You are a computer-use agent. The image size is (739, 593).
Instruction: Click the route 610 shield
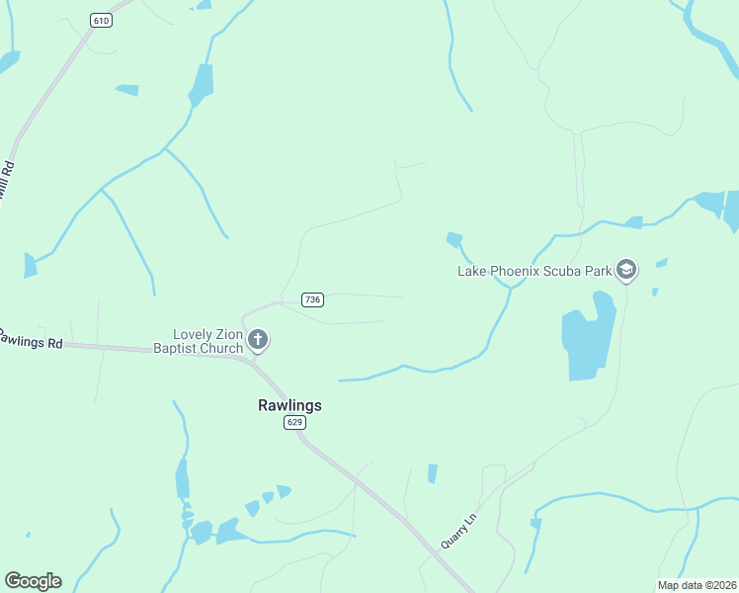pyautogui.click(x=100, y=20)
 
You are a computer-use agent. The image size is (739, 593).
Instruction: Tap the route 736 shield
pyautogui.click(x=312, y=299)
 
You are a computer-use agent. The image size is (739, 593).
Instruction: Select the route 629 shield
pyautogui.click(x=293, y=423)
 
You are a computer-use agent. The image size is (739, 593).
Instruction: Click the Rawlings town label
pyautogui.click(x=289, y=405)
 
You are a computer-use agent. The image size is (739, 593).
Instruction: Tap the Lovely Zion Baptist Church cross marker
pyautogui.click(x=258, y=341)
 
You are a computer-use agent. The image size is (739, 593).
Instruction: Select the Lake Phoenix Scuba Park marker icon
pyautogui.click(x=625, y=269)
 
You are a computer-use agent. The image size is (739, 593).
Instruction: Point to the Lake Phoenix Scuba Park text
pyautogui.click(x=534, y=270)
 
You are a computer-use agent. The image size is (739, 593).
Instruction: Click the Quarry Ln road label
pyautogui.click(x=458, y=530)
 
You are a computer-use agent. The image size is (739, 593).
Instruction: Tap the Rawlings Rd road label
pyautogui.click(x=30, y=339)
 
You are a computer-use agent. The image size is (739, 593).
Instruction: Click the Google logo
pyautogui.click(x=33, y=581)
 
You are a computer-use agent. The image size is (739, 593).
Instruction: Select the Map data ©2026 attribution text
pyautogui.click(x=697, y=585)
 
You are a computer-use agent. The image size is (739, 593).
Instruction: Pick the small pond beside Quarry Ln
pyautogui.click(x=432, y=473)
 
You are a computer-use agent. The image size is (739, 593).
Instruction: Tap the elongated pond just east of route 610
pyautogui.click(x=202, y=84)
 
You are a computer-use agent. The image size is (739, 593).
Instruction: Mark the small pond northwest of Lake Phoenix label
pyautogui.click(x=454, y=238)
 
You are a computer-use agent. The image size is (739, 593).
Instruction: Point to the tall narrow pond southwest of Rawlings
pyautogui.click(x=182, y=479)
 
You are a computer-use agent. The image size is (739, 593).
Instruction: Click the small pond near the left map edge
pyautogui.click(x=30, y=265)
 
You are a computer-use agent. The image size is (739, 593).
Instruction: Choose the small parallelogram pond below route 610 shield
pyautogui.click(x=126, y=90)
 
